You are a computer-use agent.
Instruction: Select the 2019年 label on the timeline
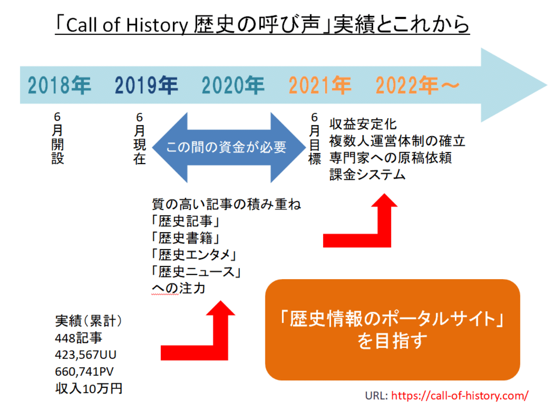[147, 86]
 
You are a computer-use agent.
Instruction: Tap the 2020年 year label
[233, 86]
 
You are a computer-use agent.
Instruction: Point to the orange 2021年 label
[320, 86]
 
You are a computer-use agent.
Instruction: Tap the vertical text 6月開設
[58, 138]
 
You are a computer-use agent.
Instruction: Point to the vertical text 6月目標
[315, 138]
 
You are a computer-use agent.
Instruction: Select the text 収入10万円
[88, 388]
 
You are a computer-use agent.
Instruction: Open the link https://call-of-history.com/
[460, 395]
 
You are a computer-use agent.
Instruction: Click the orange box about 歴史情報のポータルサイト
[392, 330]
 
